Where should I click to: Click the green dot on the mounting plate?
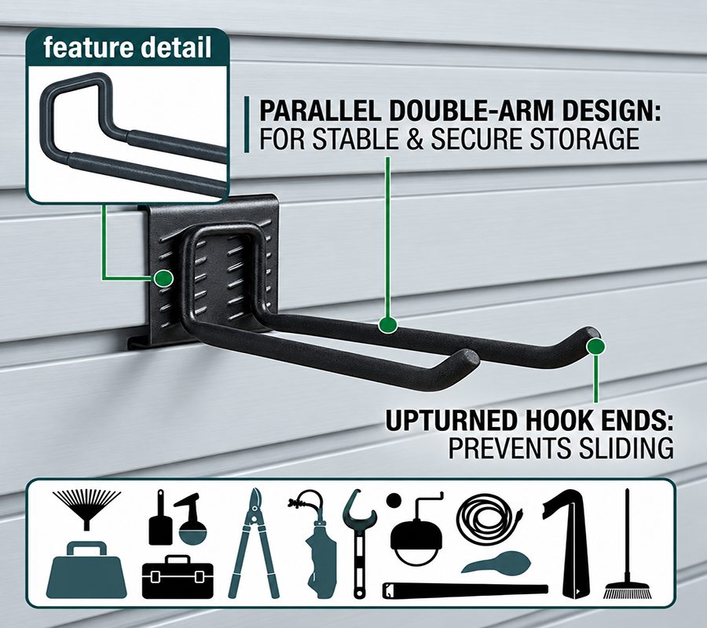tap(163, 279)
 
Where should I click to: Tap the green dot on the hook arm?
tap(388, 324)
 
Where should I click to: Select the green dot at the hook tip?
tap(595, 346)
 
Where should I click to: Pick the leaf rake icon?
tap(86, 509)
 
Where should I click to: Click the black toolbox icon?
tap(178, 577)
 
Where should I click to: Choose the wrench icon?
tap(359, 543)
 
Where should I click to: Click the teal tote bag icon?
tap(86, 571)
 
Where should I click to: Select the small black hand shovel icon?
tap(160, 517)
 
